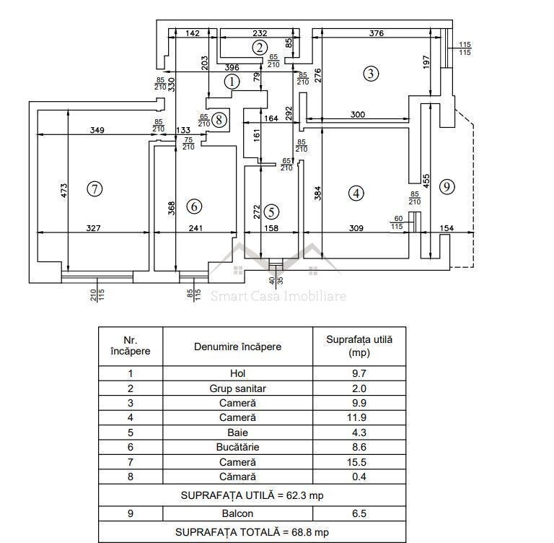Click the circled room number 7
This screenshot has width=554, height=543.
tap(94, 189)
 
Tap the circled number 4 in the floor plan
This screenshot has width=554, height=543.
tap(355, 193)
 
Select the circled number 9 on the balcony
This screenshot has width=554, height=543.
tap(447, 186)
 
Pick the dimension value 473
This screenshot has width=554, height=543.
tap(64, 191)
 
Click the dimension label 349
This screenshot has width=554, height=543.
tap(98, 131)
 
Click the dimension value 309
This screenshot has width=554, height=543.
tap(356, 228)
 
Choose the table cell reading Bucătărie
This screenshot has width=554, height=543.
tap(237, 447)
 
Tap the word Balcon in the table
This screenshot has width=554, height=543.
tap(237, 513)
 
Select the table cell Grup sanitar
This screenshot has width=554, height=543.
tap(237, 388)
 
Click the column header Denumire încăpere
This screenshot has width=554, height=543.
tap(237, 347)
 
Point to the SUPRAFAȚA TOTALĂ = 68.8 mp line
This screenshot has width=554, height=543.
tap(252, 532)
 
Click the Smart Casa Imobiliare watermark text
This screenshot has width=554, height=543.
tap(278, 296)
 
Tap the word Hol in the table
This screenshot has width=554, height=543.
tap(237, 373)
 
